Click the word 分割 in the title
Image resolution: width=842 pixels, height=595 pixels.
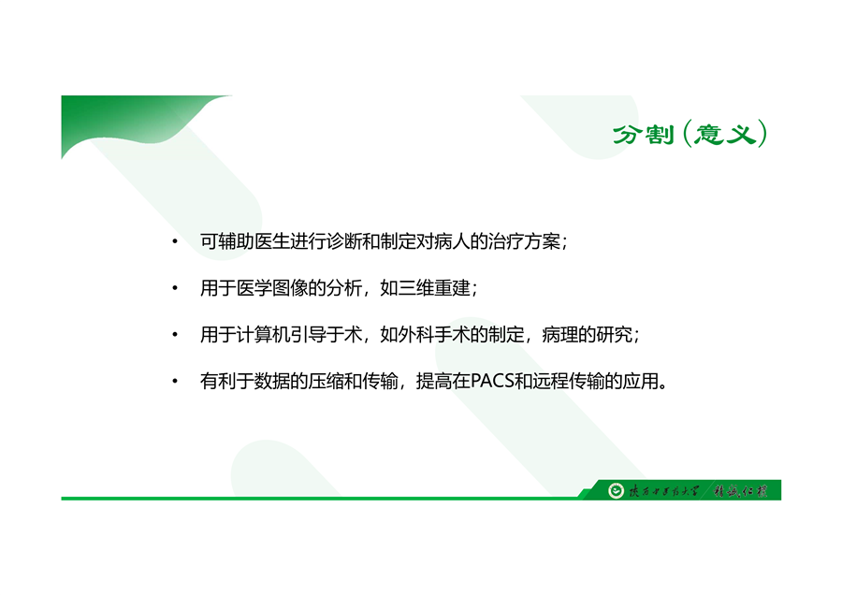pos(643,135)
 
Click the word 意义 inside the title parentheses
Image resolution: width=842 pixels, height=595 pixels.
pos(725,135)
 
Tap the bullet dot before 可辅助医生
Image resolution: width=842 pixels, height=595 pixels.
pos(175,241)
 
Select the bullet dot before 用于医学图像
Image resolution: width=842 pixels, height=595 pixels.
pos(175,288)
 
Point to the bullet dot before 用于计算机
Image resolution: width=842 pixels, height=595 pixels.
pos(175,335)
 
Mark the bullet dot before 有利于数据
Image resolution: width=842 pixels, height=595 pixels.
pos(175,382)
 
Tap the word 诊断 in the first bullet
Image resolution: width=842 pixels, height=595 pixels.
pos(344,241)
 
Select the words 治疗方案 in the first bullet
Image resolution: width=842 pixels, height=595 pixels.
pos(524,241)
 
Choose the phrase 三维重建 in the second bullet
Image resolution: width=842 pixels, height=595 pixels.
pos(434,288)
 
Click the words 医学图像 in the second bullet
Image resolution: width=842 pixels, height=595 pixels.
pos(271,288)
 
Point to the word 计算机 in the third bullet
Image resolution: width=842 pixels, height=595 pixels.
pos(263,335)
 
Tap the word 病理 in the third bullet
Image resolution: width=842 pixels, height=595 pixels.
pos(560,335)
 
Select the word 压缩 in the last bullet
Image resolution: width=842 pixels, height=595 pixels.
pos(326,382)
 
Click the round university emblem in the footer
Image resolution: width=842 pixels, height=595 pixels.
pos(616,490)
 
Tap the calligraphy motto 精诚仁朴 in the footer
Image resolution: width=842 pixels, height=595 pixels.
pos(741,491)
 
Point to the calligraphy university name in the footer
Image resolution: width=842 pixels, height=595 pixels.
pos(664,491)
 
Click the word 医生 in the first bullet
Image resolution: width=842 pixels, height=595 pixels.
pos(271,241)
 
